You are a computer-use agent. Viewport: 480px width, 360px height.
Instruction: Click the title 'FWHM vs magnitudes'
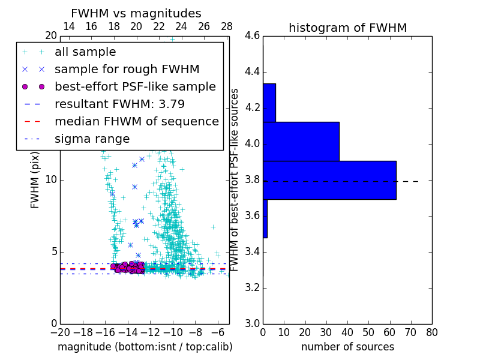tap(136, 14)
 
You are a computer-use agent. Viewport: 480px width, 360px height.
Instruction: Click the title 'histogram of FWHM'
tap(347, 28)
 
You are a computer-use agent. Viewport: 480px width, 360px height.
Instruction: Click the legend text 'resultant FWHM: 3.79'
tap(119, 104)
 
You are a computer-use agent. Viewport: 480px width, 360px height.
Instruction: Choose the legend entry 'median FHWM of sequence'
tap(136, 122)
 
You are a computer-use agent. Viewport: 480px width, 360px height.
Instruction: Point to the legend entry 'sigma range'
tap(92, 139)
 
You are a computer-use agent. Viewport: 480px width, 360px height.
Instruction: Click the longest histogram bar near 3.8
tap(329, 180)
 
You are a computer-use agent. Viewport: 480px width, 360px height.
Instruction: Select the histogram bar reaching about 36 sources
tap(301, 142)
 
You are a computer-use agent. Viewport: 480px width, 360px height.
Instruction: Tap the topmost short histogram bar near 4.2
tap(269, 103)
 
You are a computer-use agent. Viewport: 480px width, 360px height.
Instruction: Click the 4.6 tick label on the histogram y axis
tap(252, 36)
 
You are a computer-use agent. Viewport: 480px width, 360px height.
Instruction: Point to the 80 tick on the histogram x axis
tap(431, 331)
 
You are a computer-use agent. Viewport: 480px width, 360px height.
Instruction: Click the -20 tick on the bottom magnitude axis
tap(60, 331)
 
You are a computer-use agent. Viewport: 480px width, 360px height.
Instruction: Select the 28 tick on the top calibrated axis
tap(227, 26)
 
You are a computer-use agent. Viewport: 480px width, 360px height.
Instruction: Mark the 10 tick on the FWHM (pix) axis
tap(51, 179)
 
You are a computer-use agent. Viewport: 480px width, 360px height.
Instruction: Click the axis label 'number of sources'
tap(347, 347)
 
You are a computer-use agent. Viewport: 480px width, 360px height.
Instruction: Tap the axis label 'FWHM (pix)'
tap(35, 185)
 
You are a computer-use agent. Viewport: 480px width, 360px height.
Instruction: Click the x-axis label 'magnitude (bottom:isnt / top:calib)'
tap(145, 347)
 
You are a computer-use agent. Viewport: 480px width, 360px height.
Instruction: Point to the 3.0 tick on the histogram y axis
tap(252, 323)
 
